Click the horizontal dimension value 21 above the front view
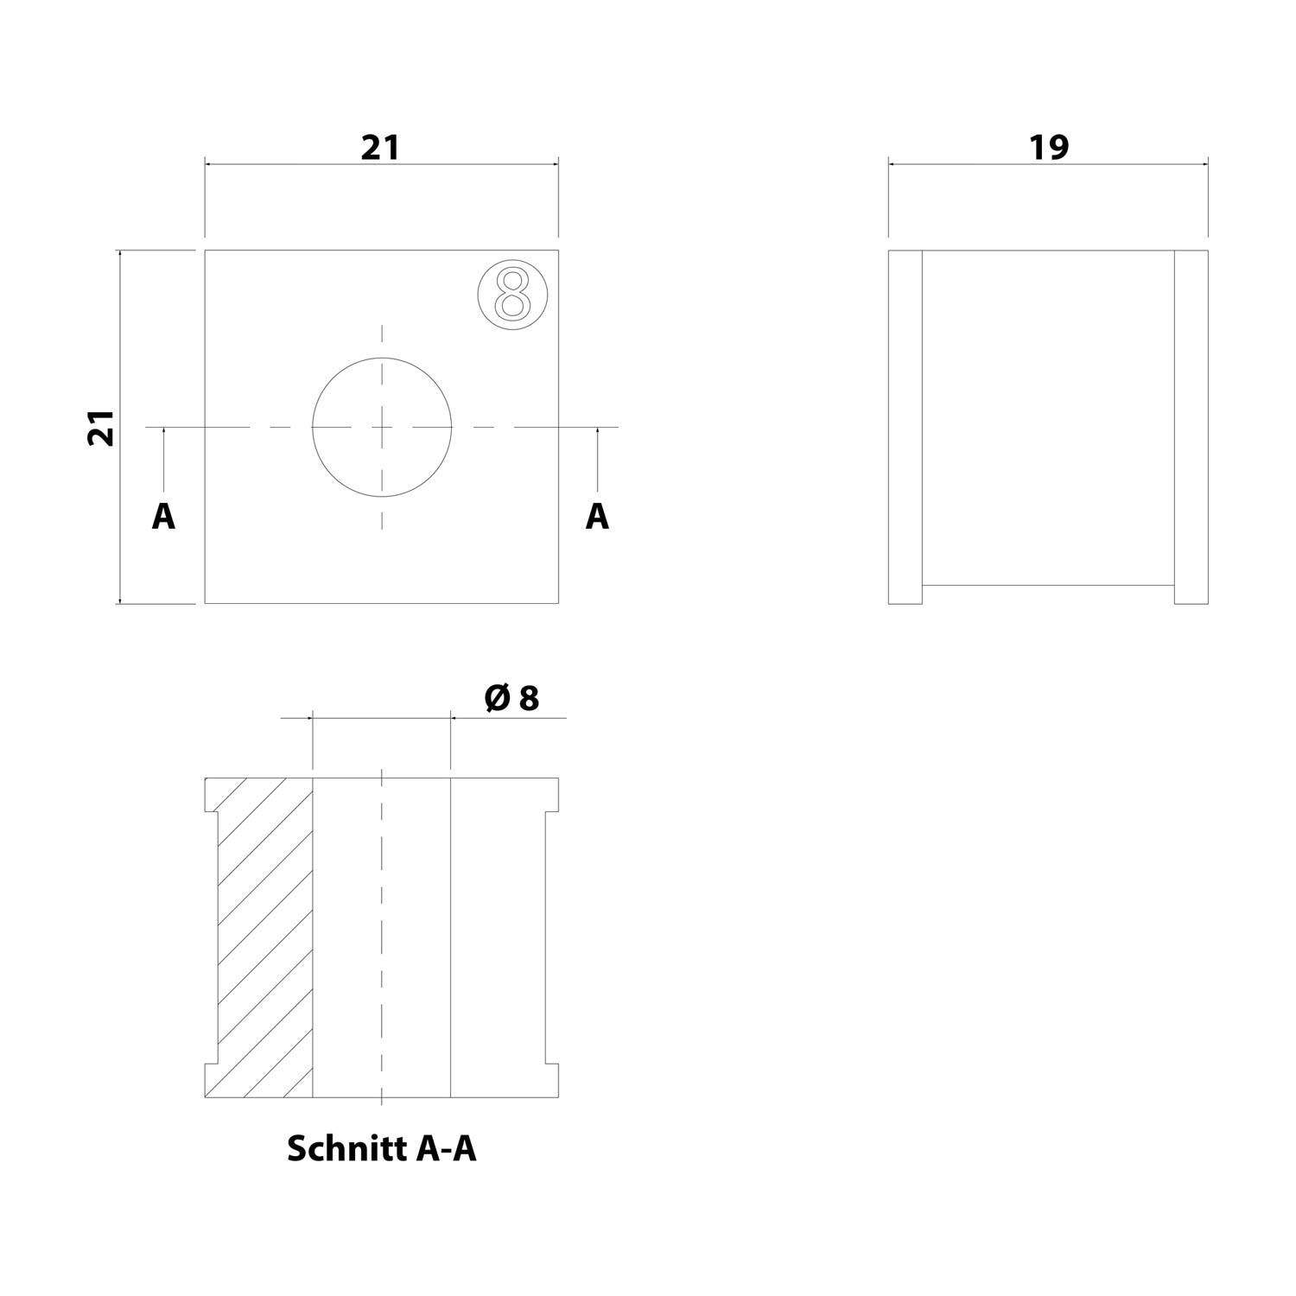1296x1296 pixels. [380, 148]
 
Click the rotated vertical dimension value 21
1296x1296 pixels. [101, 427]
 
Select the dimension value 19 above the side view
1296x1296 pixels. [1048, 148]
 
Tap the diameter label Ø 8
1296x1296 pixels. [512, 698]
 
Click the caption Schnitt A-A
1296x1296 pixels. [381, 1149]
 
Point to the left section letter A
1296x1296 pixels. [163, 517]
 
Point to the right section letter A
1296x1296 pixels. [597, 517]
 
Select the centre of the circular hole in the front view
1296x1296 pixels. [382, 427]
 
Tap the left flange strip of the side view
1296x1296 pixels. [905, 427]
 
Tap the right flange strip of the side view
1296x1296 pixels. [1191, 427]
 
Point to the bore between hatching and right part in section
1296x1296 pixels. [381, 937]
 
